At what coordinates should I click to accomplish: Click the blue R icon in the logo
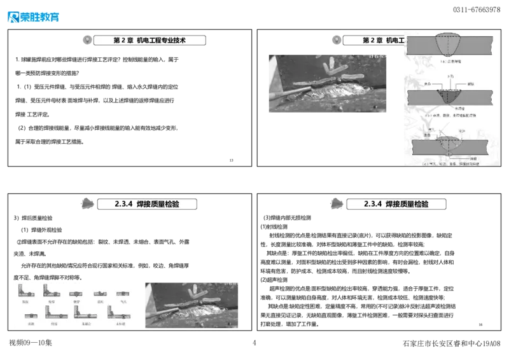(x=12, y=17)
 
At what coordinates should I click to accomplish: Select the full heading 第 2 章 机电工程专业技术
(x=150, y=40)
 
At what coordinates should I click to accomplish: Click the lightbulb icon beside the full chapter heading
(x=88, y=40)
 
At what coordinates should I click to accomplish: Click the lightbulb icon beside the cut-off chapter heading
(x=337, y=40)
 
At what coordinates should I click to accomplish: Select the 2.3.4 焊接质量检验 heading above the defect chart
(x=148, y=204)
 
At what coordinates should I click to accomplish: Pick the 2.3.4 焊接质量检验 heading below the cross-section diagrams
(x=397, y=204)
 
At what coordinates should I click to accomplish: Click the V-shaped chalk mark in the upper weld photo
(x=335, y=68)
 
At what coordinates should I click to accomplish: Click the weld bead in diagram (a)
(x=450, y=44)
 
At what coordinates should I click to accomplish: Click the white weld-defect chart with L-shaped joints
(x=76, y=305)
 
